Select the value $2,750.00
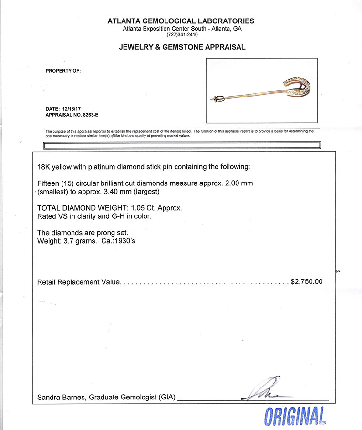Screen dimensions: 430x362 (307, 282)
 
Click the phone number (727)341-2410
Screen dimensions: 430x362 (182, 35)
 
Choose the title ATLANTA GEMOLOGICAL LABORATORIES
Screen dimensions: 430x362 (181, 21)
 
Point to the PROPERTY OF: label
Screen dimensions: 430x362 (63, 71)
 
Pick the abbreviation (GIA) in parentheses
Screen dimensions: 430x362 (167, 398)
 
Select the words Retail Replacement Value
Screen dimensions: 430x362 (78, 282)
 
